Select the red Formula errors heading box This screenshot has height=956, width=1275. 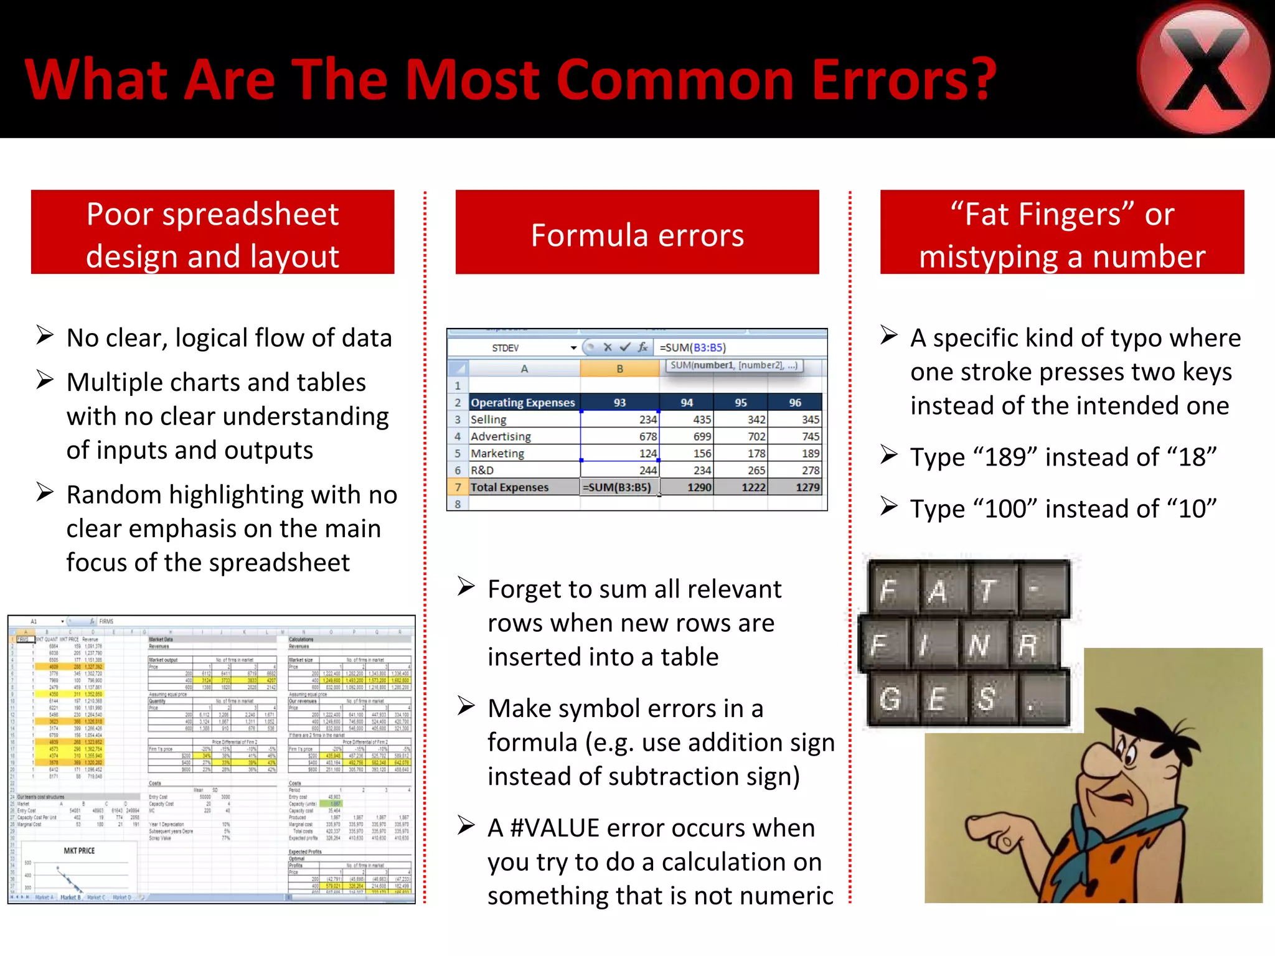pyautogui.click(x=637, y=232)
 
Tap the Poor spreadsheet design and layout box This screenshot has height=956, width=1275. pyautogui.click(x=212, y=232)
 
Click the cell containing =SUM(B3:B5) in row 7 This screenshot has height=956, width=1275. pyautogui.click(x=618, y=487)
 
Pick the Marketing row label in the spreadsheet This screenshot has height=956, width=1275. pyautogui.click(x=497, y=454)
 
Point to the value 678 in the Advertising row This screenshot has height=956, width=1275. pyautogui.click(x=647, y=437)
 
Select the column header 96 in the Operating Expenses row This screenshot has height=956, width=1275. pyautogui.click(x=795, y=403)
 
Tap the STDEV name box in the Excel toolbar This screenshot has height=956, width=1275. pyautogui.click(x=506, y=348)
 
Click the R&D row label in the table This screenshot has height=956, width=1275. pyautogui.click(x=482, y=471)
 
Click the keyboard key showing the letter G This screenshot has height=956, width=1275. pyautogui.click(x=890, y=699)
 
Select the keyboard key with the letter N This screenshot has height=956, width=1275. pyautogui.click(x=979, y=645)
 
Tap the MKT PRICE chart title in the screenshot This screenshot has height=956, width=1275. pyautogui.click(x=79, y=851)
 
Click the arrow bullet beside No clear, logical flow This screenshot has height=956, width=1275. pyautogui.click(x=45, y=335)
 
